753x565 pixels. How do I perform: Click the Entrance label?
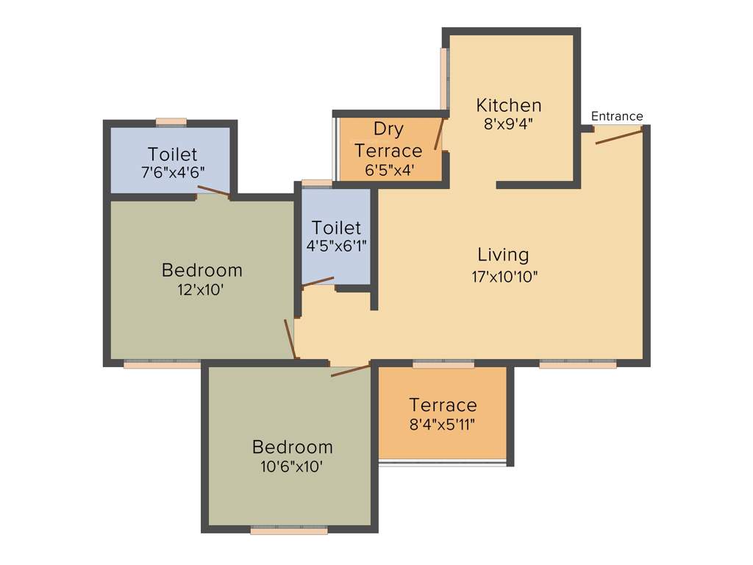617,116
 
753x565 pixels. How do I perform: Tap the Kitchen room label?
509,105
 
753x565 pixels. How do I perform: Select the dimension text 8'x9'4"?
508,124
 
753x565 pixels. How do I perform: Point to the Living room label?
503,255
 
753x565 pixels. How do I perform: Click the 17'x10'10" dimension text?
505,277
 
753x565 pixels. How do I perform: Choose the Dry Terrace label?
388,140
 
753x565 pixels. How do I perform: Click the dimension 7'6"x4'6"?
172,172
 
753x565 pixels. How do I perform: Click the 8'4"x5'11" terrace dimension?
443,424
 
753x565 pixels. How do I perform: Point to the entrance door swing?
618,135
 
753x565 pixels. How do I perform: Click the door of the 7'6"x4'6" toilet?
214,192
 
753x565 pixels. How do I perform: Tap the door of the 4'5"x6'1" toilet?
318,282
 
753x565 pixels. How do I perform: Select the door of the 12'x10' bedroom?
290,339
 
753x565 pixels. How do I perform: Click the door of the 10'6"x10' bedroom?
350,370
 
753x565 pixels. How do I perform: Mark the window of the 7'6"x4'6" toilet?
171,122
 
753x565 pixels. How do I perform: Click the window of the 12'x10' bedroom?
162,363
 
